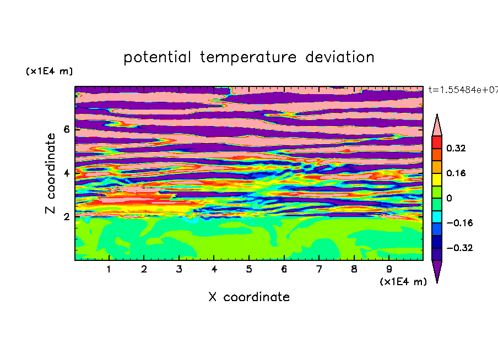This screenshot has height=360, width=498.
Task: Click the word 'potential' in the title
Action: (x=157, y=57)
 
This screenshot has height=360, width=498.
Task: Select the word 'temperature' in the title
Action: (x=248, y=57)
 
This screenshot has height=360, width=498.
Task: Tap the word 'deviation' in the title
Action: (x=340, y=57)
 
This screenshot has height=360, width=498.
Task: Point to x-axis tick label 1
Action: (x=109, y=269)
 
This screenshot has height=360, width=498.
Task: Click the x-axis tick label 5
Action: (x=249, y=269)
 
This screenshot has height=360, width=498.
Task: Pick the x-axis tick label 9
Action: (x=389, y=269)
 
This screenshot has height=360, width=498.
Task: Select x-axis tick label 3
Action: (x=179, y=269)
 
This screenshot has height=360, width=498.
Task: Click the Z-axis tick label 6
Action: (x=66, y=129)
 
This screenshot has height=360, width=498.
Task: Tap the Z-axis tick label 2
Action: (x=66, y=217)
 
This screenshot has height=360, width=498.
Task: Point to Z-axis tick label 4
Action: (x=66, y=173)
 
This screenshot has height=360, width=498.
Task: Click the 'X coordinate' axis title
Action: (x=249, y=297)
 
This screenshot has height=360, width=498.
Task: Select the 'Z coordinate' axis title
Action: (x=51, y=173)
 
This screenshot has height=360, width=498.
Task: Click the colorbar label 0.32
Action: (x=456, y=148)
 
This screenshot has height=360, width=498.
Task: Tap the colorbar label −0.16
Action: (x=459, y=223)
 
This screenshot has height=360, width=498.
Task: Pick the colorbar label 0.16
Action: (x=456, y=173)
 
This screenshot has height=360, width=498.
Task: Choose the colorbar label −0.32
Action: (x=459, y=248)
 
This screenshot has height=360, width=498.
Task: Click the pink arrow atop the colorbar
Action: (x=437, y=127)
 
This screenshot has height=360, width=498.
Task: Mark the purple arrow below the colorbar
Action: (x=437, y=270)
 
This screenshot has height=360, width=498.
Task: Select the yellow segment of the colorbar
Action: (x=437, y=179)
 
